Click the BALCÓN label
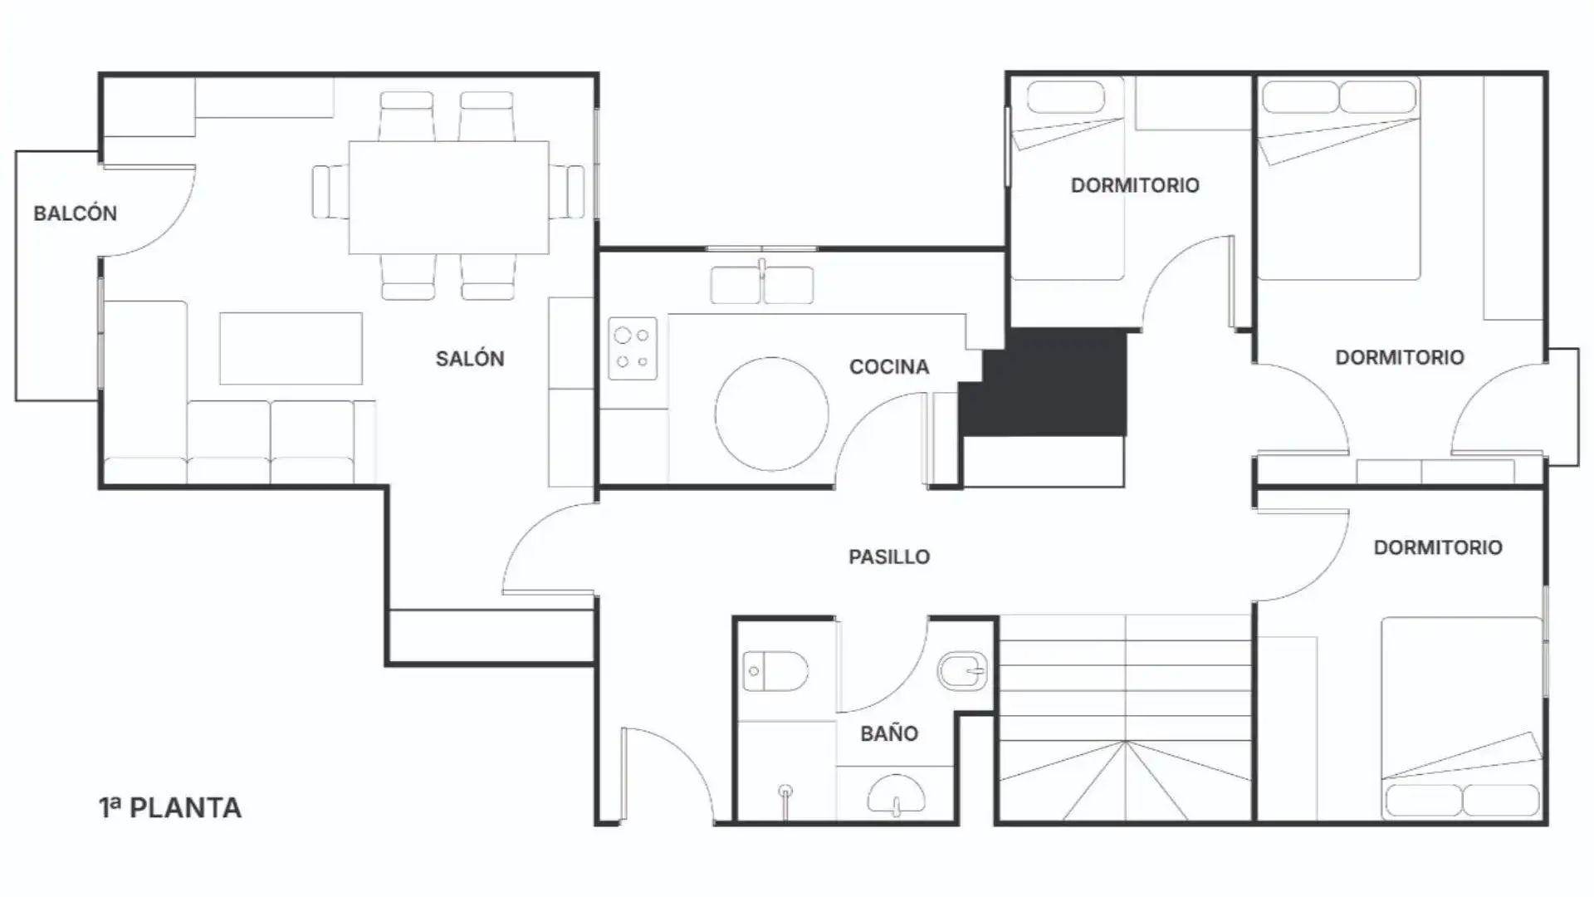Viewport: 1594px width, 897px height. click(75, 213)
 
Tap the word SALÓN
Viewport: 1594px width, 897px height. click(470, 358)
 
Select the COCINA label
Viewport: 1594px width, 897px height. click(889, 367)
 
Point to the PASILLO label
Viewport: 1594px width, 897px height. click(889, 556)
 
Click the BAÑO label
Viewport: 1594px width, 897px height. click(889, 733)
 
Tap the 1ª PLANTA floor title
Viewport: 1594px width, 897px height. click(170, 807)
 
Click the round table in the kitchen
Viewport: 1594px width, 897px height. click(772, 414)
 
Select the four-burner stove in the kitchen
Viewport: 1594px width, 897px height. click(633, 349)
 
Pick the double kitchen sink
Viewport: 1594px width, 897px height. click(762, 284)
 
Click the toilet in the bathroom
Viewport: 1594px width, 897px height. click(775, 671)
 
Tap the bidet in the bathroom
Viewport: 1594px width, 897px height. click(962, 669)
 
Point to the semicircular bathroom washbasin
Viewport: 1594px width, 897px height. click(896, 795)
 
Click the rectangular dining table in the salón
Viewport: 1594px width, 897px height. click(448, 197)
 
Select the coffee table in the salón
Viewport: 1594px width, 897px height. click(291, 348)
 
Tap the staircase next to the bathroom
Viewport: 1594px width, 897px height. click(1125, 718)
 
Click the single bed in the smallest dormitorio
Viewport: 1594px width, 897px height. click(1067, 179)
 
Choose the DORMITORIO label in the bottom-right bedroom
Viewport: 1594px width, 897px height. click(1438, 547)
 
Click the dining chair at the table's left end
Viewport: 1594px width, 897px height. click(330, 192)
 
